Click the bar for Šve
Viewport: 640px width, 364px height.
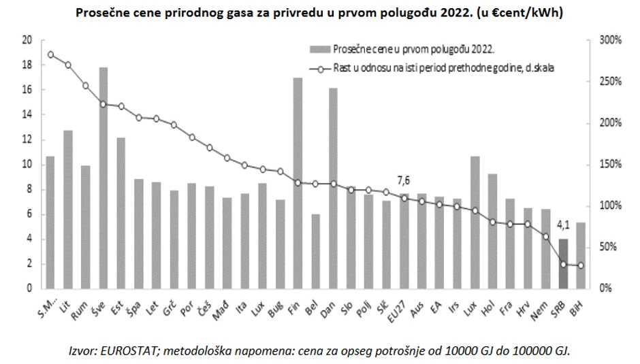click(103, 177)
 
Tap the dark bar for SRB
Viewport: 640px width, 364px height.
click(563, 263)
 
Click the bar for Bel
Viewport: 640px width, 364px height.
click(315, 251)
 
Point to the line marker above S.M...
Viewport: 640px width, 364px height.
click(50, 54)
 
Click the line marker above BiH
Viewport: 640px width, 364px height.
click(581, 265)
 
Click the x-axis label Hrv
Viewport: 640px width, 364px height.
click(526, 303)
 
